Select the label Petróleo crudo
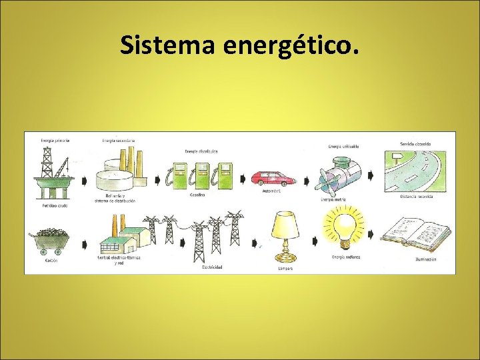pyautogui.click(x=54, y=205)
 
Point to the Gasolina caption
pyautogui.click(x=196, y=195)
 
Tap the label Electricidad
pyautogui.click(x=212, y=267)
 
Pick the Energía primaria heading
pyautogui.click(x=55, y=140)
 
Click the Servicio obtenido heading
pyautogui.click(x=415, y=143)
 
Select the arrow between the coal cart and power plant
pyautogui.click(x=85, y=235)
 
